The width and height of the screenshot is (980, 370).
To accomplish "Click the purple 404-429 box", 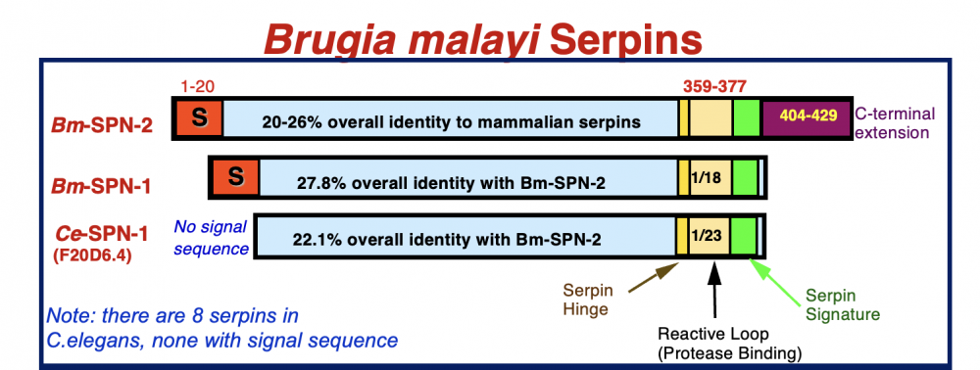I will [x=808, y=116].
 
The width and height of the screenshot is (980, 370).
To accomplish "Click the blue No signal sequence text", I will [x=211, y=239].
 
